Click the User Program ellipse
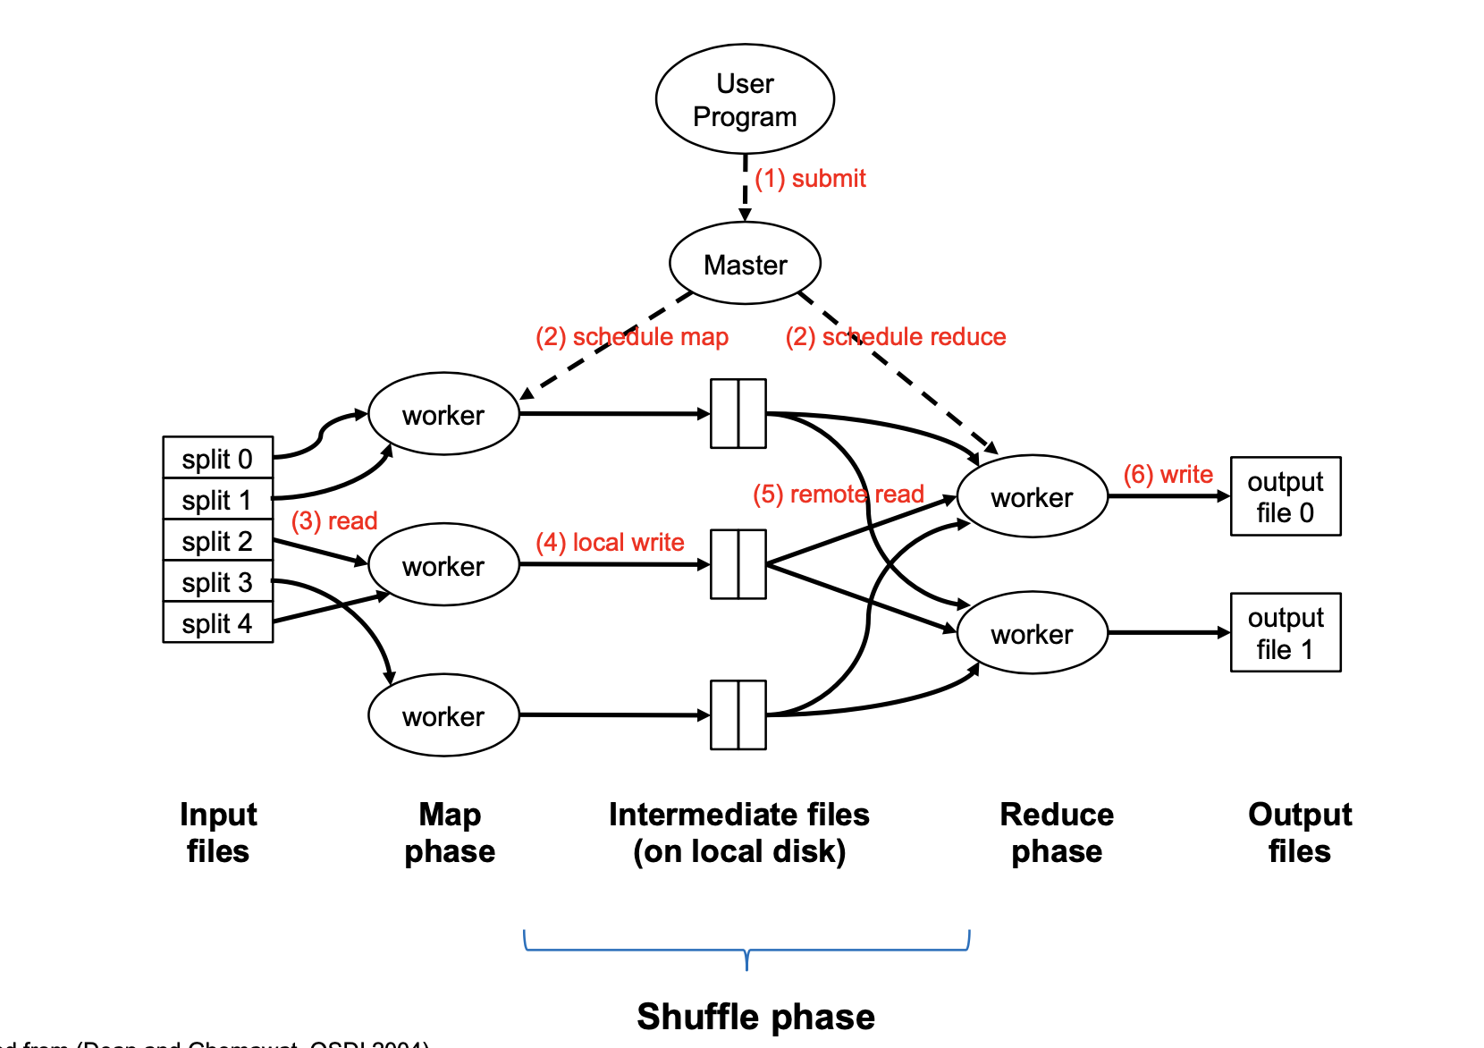745,99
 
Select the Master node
745,264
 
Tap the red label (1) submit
810,179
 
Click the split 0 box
217,459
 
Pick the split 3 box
217,582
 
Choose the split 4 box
217,623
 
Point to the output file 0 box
1285,496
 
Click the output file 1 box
1285,632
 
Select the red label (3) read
334,520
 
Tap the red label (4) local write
610,542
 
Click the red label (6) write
1168,474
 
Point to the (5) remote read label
838,494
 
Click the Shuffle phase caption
755,1017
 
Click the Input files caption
217,832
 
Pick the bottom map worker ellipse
443,715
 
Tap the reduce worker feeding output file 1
1032,633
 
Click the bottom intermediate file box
738,714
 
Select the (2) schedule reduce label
896,336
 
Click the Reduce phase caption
1057,832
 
